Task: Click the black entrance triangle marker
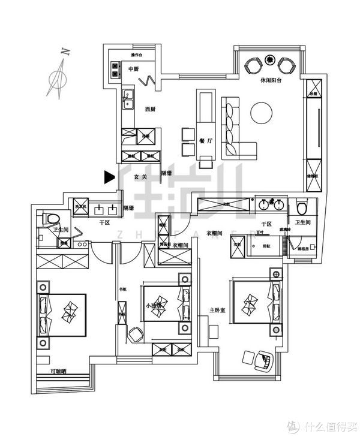pos(109,176)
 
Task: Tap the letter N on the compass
pos(65,52)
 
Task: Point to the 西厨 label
pos(151,109)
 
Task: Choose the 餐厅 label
pos(205,140)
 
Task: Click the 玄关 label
pos(140,177)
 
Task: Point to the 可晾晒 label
pos(59,372)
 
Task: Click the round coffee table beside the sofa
pos(262,113)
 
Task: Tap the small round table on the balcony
pos(270,61)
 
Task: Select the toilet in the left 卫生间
pos(50,219)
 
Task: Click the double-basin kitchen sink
pos(128,100)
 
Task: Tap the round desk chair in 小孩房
pos(137,333)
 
